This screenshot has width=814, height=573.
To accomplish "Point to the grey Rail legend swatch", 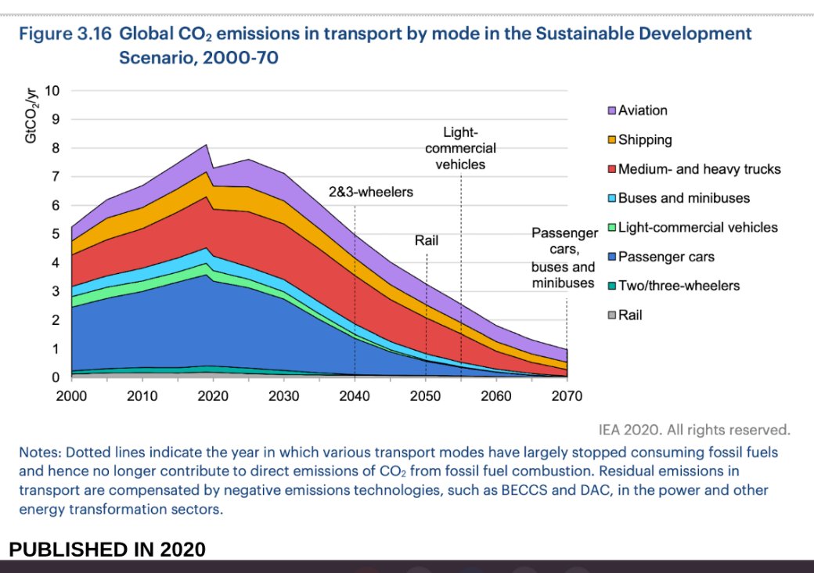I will [612, 315].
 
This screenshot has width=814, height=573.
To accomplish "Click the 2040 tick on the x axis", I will [355, 395].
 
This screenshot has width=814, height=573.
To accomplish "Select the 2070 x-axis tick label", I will [567, 395].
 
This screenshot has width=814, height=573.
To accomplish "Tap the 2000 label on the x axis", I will [71, 395].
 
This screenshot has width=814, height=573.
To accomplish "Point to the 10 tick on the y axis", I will [52, 90].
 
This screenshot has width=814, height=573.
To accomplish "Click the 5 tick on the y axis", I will [55, 233].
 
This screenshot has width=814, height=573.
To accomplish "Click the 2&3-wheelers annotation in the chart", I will [370, 191].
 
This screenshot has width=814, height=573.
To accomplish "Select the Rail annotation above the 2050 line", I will [427, 240].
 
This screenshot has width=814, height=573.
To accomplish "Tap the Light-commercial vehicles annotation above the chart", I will [460, 149].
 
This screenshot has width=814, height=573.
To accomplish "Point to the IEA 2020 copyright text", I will [693, 429].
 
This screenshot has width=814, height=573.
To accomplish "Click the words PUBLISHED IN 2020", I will [107, 550].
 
